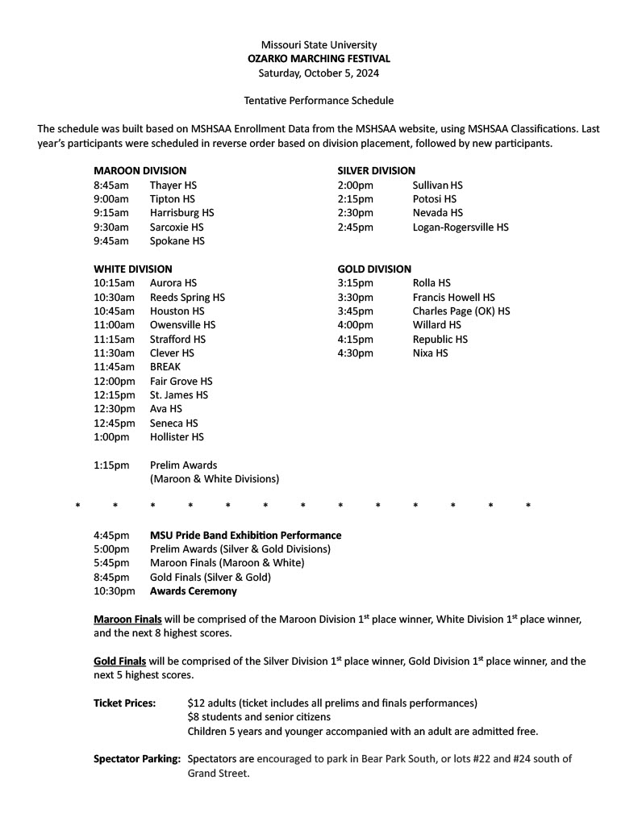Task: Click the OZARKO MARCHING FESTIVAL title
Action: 319,59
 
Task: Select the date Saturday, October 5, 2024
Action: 319,73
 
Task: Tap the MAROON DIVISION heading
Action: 140,171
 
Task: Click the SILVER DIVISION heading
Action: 376,171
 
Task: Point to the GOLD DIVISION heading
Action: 373,269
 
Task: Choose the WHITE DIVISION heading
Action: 133,269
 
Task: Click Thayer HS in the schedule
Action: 173,186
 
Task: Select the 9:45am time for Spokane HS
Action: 111,241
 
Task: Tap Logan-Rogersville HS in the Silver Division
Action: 460,227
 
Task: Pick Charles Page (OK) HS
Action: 461,311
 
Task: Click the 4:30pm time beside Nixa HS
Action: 356,353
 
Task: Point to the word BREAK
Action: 165,367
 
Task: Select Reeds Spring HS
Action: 187,298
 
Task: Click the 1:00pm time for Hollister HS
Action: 111,437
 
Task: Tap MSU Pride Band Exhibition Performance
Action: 245,536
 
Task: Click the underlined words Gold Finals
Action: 119,661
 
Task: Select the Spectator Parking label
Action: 137,759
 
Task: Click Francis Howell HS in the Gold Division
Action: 453,298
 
